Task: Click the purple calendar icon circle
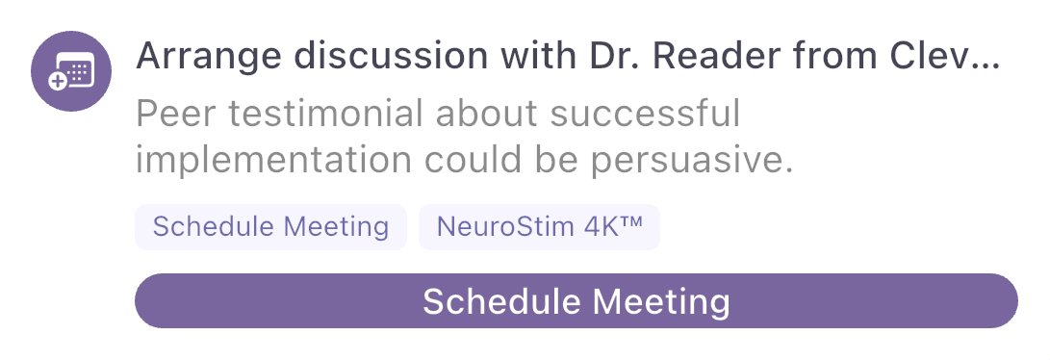71,71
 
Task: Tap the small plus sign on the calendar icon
59,82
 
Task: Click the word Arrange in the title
209,57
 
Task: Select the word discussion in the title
392,56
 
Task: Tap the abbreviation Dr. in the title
614,56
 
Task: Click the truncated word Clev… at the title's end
945,56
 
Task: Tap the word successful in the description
646,113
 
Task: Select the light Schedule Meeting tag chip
270,227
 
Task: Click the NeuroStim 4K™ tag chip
539,227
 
